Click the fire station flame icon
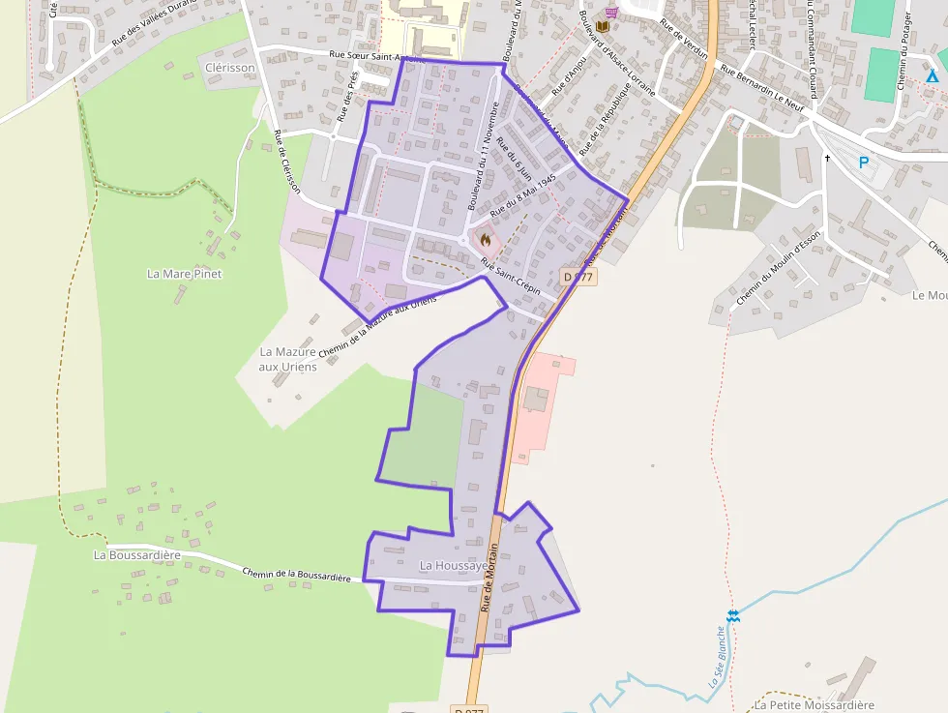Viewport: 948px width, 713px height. [x=485, y=239]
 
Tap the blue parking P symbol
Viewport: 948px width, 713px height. [x=864, y=163]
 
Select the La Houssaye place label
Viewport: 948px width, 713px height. [x=447, y=564]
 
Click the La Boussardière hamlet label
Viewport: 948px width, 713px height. [x=137, y=555]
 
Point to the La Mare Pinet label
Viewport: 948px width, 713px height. [x=184, y=274]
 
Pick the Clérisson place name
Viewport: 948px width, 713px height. [x=229, y=67]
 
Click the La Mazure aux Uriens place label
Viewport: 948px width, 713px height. [x=288, y=359]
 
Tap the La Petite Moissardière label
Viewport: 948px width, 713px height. [x=815, y=705]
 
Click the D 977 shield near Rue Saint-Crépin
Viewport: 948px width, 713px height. [x=578, y=277]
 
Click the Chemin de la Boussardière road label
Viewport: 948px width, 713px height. [x=296, y=575]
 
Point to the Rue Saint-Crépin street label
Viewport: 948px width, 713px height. [x=509, y=276]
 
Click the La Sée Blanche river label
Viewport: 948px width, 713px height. [x=716, y=657]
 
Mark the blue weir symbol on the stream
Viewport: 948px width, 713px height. [x=733, y=615]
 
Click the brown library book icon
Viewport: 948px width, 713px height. [x=604, y=26]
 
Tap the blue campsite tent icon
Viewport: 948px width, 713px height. [x=932, y=76]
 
